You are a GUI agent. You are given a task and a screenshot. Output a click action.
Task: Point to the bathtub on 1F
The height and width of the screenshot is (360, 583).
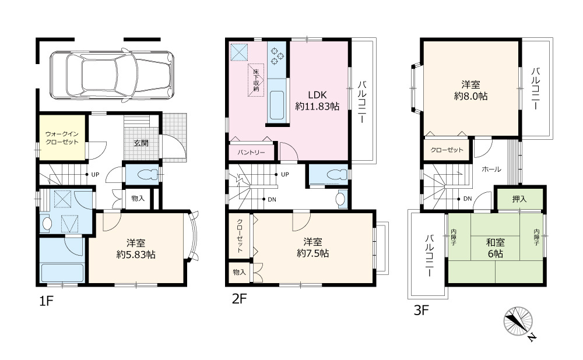[63, 272]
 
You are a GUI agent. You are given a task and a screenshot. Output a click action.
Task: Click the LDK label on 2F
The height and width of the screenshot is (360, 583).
[317, 95]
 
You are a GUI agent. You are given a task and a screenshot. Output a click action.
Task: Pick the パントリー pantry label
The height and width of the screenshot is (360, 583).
[251, 153]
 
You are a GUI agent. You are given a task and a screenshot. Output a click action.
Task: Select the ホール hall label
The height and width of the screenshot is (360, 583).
[491, 169]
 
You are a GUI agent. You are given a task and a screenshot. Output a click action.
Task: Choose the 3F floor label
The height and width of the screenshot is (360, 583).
[422, 310]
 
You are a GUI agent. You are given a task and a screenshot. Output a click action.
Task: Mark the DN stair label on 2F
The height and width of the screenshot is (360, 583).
[272, 199]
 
